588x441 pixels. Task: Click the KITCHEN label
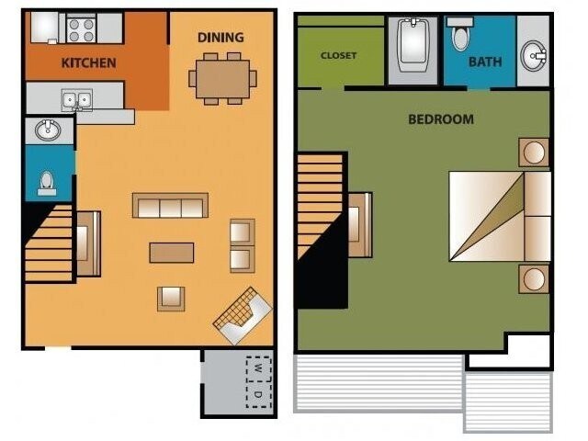[x=88, y=63]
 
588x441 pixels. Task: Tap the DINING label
[x=220, y=38]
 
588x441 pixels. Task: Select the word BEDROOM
[x=441, y=119]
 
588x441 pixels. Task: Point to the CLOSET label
[x=338, y=55]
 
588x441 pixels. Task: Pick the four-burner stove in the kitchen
[x=82, y=28]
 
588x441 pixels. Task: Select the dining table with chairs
[x=222, y=78]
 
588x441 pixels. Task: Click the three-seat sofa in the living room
[x=170, y=206]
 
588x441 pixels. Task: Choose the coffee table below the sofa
[x=172, y=252]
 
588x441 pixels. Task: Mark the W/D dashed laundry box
[x=258, y=381]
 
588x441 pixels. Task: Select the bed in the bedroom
[x=499, y=216]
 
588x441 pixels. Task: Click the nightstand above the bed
[x=533, y=152]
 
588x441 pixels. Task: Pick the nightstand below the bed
[x=533, y=277]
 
